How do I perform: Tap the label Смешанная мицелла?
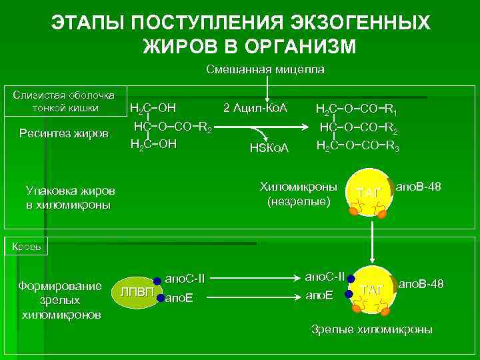pyautogui.click(x=265, y=69)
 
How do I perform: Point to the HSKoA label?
pyautogui.click(x=268, y=147)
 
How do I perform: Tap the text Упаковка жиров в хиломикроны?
pyautogui.click(x=69, y=197)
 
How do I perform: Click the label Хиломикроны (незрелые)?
pyautogui.click(x=298, y=193)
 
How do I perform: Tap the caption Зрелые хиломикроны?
pyautogui.click(x=372, y=329)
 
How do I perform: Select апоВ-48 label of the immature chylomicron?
pyautogui.click(x=418, y=186)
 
